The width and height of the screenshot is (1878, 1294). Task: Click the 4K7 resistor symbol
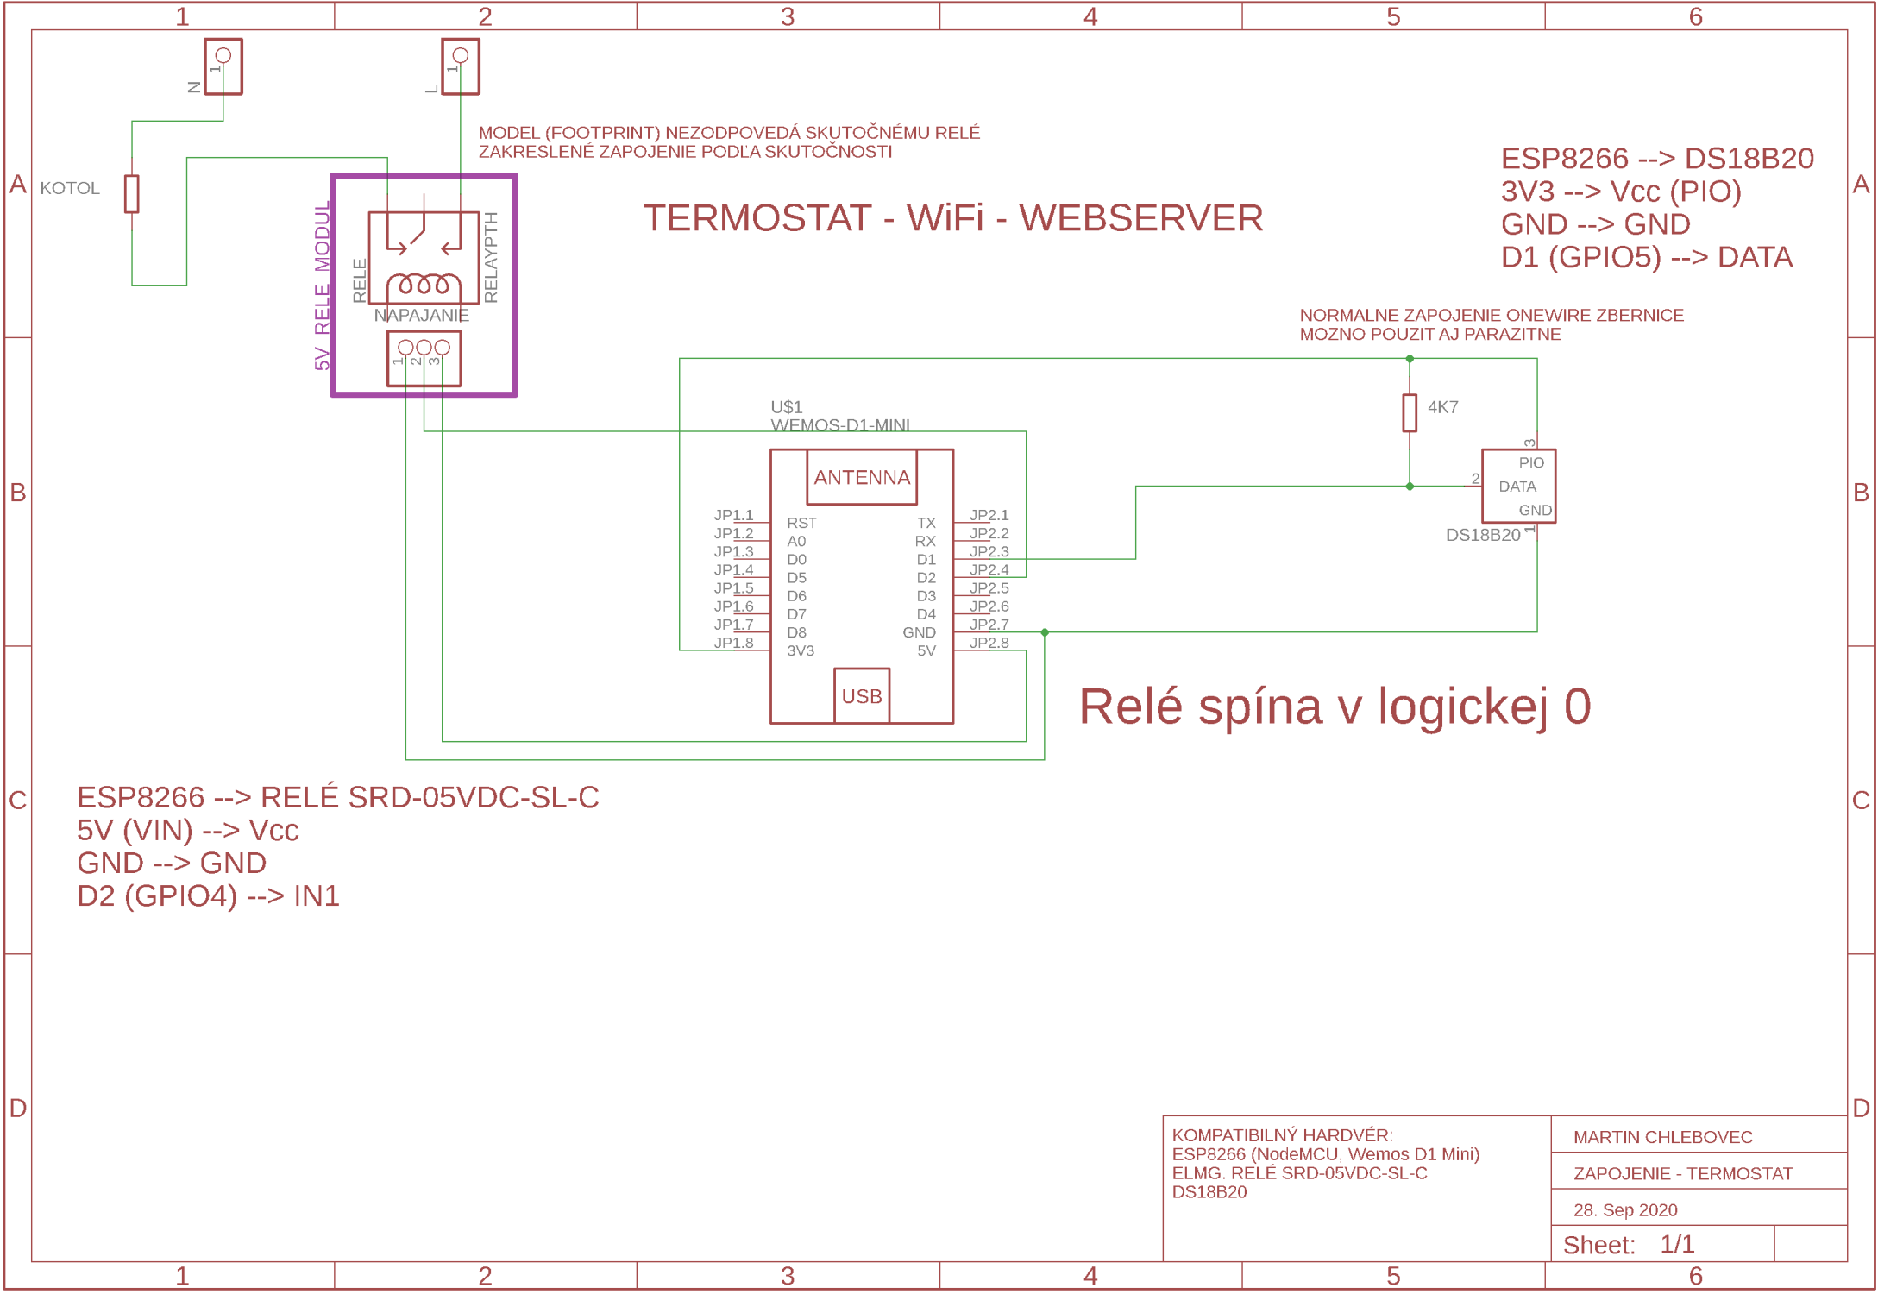1409,412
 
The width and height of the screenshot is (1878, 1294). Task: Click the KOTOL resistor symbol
131,193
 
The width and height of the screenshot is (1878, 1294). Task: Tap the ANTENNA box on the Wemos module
861,477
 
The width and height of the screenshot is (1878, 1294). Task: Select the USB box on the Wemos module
861,695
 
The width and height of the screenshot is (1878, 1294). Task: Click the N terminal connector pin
223,56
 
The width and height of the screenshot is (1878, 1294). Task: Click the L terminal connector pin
460,56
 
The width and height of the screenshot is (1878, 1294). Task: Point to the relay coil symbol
423,284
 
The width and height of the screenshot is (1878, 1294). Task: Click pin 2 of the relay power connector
424,348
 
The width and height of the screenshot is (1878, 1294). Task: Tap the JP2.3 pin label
989,551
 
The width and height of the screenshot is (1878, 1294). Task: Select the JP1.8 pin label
733,643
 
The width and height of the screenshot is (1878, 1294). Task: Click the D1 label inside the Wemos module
926,559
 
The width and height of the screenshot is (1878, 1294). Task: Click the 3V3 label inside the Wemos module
800,650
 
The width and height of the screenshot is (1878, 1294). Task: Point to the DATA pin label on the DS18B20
1517,487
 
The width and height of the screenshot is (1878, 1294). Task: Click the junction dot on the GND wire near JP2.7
1044,632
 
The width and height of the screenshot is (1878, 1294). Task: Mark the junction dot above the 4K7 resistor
1409,359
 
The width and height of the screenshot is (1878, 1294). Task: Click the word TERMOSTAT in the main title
757,218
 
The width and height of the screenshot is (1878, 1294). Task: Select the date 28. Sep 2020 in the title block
1624,1209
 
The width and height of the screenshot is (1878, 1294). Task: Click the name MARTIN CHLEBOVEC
1661,1137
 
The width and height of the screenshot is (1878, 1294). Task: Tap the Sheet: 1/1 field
1627,1244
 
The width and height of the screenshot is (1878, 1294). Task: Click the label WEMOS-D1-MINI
839,425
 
